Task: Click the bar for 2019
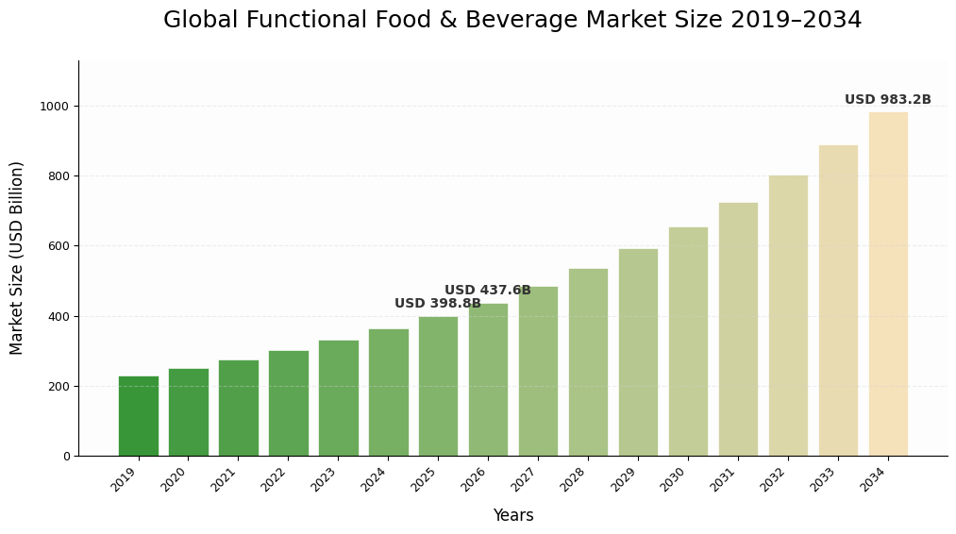(x=139, y=416)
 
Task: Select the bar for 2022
(x=289, y=404)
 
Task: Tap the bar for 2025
(x=438, y=386)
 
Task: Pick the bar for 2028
(x=588, y=362)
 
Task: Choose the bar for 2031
(x=738, y=329)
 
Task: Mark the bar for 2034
(x=888, y=284)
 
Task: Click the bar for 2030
(x=688, y=342)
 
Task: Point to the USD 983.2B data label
(x=887, y=100)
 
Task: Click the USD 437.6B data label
(x=487, y=291)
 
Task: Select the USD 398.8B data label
(x=437, y=304)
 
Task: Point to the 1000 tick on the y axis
(x=54, y=107)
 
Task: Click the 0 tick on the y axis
(x=66, y=457)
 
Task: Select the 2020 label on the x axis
(x=175, y=480)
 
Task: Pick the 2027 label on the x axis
(x=525, y=480)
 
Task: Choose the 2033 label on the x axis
(x=825, y=480)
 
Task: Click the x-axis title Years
(x=512, y=516)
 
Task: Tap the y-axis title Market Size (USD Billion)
(x=17, y=258)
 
